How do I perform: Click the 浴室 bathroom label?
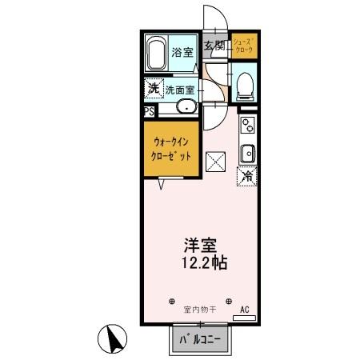click(x=183, y=53)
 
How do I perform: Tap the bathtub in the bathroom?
click(x=157, y=54)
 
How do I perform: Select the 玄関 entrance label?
click(x=213, y=46)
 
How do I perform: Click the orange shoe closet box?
click(x=243, y=46)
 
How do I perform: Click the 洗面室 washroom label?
click(x=180, y=90)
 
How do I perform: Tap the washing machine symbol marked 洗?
click(x=152, y=89)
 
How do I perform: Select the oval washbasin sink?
click(x=186, y=108)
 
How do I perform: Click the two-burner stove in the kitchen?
click(x=247, y=126)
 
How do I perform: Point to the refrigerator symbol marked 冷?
click(x=247, y=175)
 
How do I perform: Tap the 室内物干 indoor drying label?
click(x=199, y=309)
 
